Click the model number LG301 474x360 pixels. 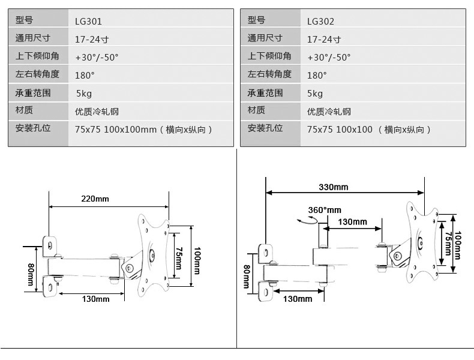coord(88,22)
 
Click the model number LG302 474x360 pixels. coord(320,22)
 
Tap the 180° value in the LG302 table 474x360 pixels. coord(317,76)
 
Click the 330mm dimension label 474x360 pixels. coord(333,187)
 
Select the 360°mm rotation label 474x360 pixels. coord(324,210)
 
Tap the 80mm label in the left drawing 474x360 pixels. coord(30,276)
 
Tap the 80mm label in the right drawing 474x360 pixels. coord(246,277)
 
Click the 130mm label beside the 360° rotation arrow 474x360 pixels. coord(352,222)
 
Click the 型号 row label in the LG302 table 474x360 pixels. coord(256,20)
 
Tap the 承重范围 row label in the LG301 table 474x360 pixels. coord(33,93)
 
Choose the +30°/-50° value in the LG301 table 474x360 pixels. coord(97,58)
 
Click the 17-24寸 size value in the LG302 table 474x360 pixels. coord(324,40)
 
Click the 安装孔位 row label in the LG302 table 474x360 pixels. coord(265,128)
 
